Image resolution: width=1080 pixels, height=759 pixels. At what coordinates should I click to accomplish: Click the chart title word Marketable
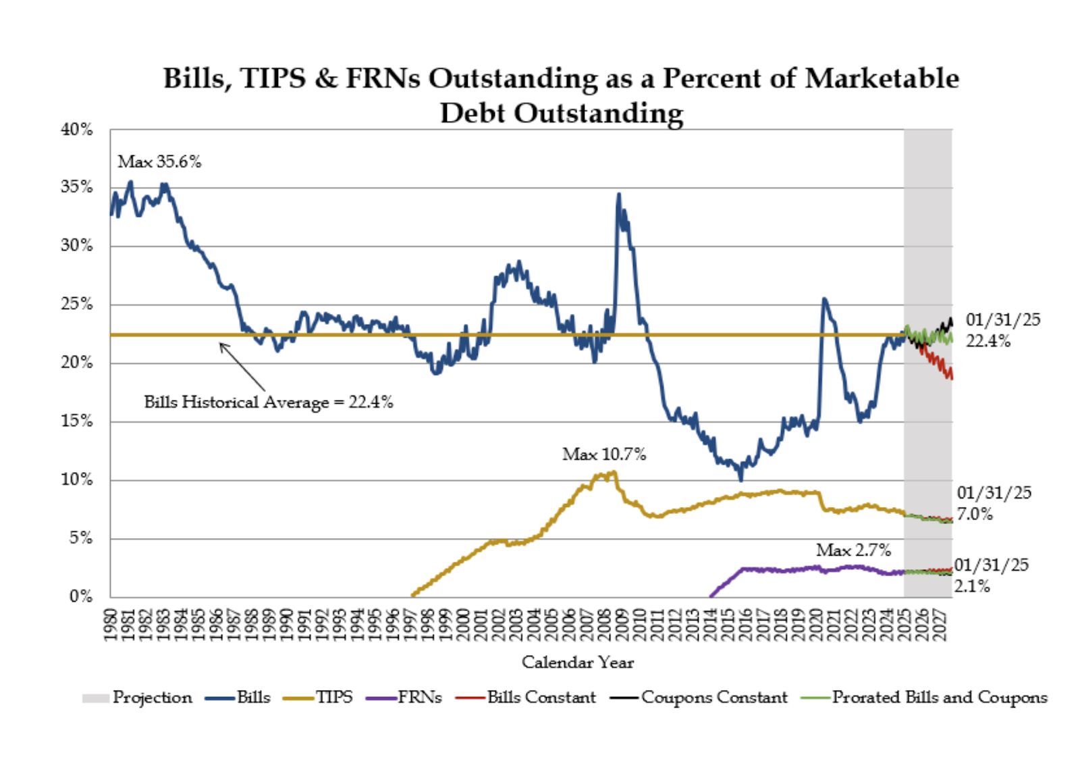pos(882,78)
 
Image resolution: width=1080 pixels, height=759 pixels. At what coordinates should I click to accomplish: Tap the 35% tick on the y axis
pos(77,187)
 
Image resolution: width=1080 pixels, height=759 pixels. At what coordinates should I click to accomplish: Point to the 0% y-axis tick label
pos(81,596)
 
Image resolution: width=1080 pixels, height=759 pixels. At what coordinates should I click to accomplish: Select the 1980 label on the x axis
pos(111,625)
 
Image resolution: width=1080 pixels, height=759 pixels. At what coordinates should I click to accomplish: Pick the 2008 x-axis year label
pos(605,625)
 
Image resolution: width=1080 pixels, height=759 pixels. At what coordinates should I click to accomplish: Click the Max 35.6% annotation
pos(159,162)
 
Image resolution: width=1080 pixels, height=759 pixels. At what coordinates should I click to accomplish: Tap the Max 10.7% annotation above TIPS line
pos(604,454)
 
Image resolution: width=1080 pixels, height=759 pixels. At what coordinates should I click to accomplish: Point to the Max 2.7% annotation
pos(854,550)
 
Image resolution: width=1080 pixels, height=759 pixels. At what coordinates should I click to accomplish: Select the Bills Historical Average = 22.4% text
pos(269,402)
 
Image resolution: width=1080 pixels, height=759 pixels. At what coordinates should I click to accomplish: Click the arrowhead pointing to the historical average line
pos(221,345)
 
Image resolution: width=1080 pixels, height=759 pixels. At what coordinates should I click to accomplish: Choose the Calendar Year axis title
pos(578,662)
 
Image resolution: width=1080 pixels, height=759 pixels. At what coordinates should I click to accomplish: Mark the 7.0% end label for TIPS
pos(975,514)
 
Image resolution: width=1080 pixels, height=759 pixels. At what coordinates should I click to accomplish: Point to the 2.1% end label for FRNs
pos(972,586)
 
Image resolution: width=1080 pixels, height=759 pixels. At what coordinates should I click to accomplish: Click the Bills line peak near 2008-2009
pos(618,195)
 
